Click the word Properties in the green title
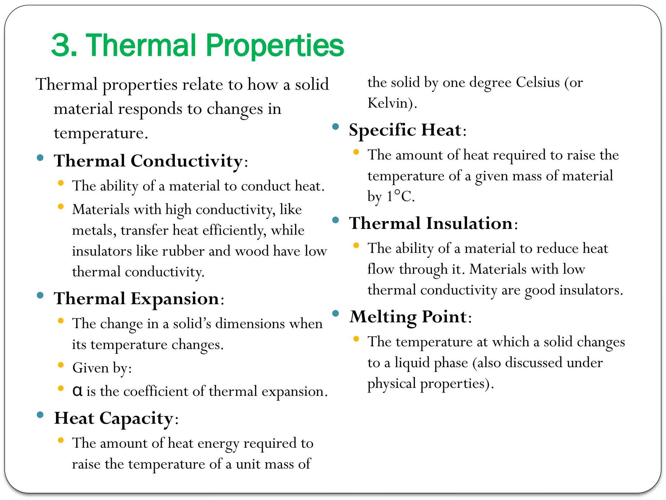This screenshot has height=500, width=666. tap(275, 46)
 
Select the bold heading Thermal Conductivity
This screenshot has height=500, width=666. tap(148, 161)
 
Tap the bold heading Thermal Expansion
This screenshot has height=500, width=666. tap(137, 299)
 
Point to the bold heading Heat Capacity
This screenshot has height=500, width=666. tap(114, 418)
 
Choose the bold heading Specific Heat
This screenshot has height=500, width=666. tap(405, 130)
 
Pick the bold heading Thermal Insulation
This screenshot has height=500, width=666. tap(431, 223)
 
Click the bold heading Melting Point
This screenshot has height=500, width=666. tap(408, 317)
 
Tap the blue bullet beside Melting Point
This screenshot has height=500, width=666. tap(336, 313)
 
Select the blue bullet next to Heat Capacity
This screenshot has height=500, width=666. tap(40, 415)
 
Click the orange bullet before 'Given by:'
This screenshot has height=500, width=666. tap(60, 365)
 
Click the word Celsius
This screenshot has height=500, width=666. tap(538, 82)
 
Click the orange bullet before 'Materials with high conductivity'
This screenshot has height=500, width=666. tap(60, 206)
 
